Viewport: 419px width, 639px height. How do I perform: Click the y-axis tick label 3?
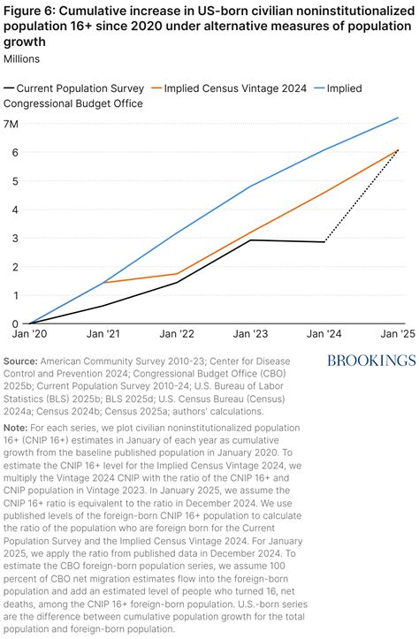14,238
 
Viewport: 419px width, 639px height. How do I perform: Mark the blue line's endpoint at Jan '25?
399,118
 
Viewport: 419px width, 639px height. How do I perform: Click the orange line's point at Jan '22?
178,274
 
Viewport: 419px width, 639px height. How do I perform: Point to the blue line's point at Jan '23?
251,186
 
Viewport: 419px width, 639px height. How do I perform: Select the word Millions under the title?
27,58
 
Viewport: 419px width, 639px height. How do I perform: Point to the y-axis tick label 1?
14,295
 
